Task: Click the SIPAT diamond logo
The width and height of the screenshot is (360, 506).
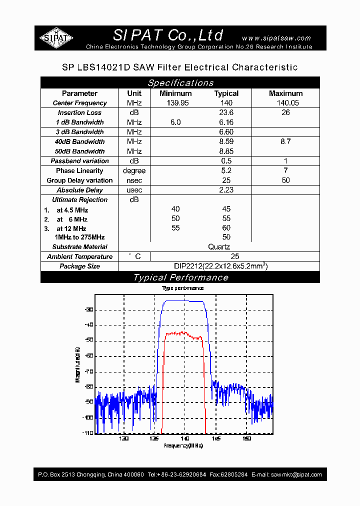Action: tap(56, 37)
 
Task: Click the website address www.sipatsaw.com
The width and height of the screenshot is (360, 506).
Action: tap(276, 38)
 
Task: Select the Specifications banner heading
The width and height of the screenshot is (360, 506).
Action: tap(180, 83)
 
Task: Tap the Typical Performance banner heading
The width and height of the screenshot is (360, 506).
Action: tap(180, 277)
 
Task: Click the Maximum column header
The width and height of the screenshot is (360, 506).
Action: tap(285, 93)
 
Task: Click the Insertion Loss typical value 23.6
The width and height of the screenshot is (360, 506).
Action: tap(226, 112)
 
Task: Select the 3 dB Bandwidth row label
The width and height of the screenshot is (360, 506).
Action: tap(80, 132)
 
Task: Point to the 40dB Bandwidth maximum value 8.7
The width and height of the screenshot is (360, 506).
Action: tap(285, 141)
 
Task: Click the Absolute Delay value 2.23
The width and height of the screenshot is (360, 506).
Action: tap(226, 190)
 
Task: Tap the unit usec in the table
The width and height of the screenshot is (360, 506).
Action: tap(134, 190)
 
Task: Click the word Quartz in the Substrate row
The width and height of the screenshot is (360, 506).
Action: tap(219, 246)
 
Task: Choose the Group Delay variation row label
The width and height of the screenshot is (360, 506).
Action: tap(79, 180)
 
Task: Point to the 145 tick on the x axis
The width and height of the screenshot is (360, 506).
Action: tap(215, 438)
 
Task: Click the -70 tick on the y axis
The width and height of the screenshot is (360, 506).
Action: tap(89, 371)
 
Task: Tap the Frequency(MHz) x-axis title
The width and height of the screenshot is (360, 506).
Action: tap(183, 445)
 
